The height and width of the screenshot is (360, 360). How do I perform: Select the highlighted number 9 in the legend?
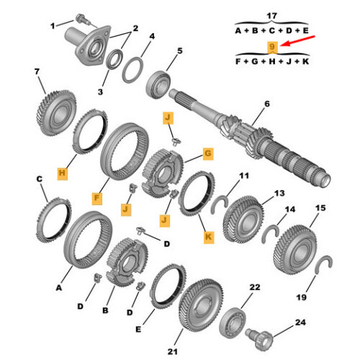click(272, 48)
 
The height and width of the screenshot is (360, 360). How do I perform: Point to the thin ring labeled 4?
click(132, 71)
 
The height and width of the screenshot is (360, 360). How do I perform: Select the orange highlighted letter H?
click(62, 174)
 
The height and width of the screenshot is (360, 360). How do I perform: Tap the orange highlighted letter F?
click(97, 196)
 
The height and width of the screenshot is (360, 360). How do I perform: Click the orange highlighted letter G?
click(207, 153)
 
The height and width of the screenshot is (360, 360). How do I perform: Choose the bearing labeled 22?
click(233, 316)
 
